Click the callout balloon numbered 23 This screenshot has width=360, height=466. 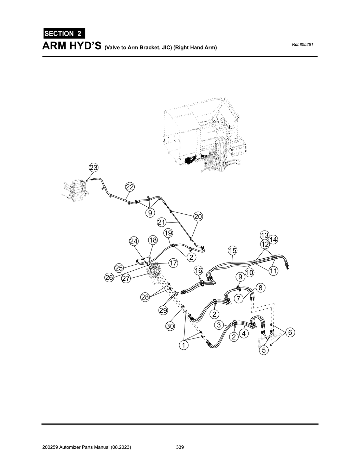click(93, 168)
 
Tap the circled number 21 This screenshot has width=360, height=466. click(161, 222)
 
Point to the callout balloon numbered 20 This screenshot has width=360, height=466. click(198, 216)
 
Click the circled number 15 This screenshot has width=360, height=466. click(232, 251)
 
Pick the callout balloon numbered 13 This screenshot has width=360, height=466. click(264, 235)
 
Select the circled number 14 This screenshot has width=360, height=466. click(274, 240)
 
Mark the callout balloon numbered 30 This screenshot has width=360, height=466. click(170, 326)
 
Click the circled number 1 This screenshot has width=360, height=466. click(183, 345)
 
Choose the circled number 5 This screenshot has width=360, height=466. click(264, 350)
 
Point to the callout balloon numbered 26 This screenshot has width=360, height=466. click(109, 278)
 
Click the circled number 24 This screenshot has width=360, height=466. click(134, 241)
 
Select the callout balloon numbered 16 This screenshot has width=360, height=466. click(198, 270)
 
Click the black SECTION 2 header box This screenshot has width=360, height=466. click(64, 34)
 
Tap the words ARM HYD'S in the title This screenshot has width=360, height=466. click(72, 46)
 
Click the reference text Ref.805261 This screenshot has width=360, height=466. click(302, 45)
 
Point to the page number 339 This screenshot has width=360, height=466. click(180, 447)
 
